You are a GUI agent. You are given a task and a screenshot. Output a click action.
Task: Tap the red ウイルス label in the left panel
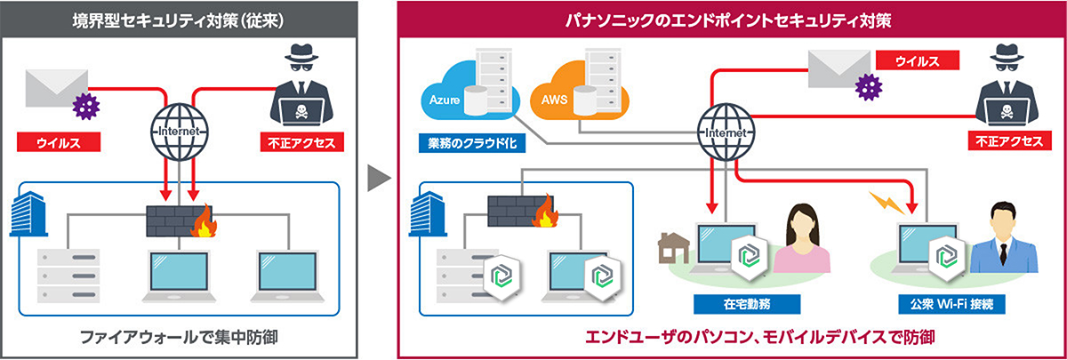(59, 142)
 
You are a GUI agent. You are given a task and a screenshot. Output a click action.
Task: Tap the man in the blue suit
(1004, 236)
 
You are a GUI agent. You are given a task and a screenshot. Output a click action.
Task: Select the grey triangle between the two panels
(379, 179)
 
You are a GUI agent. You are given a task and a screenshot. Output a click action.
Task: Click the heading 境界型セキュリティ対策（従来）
(179, 17)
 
